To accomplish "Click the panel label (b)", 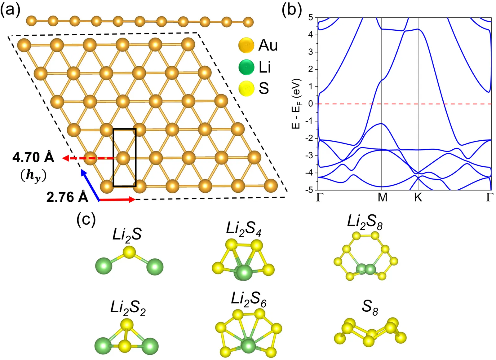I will pos(291,11).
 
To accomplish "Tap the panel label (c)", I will pos(86,220).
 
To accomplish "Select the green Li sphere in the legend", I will pos(246,67).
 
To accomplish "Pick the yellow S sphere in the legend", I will pos(246,88).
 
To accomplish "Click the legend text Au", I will pos(268,46).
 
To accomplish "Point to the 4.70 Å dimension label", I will pos(33,158).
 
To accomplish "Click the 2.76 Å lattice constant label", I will pos(67,197).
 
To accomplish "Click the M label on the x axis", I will pos(383,197).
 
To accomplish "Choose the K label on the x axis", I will pos(418,197).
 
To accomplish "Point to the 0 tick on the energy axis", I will pos(311,104).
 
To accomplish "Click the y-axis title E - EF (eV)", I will pos(296,104).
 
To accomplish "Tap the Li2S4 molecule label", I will pos(244,229).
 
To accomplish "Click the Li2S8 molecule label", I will pos(365,222).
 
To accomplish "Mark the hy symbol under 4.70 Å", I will pos(33,176).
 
